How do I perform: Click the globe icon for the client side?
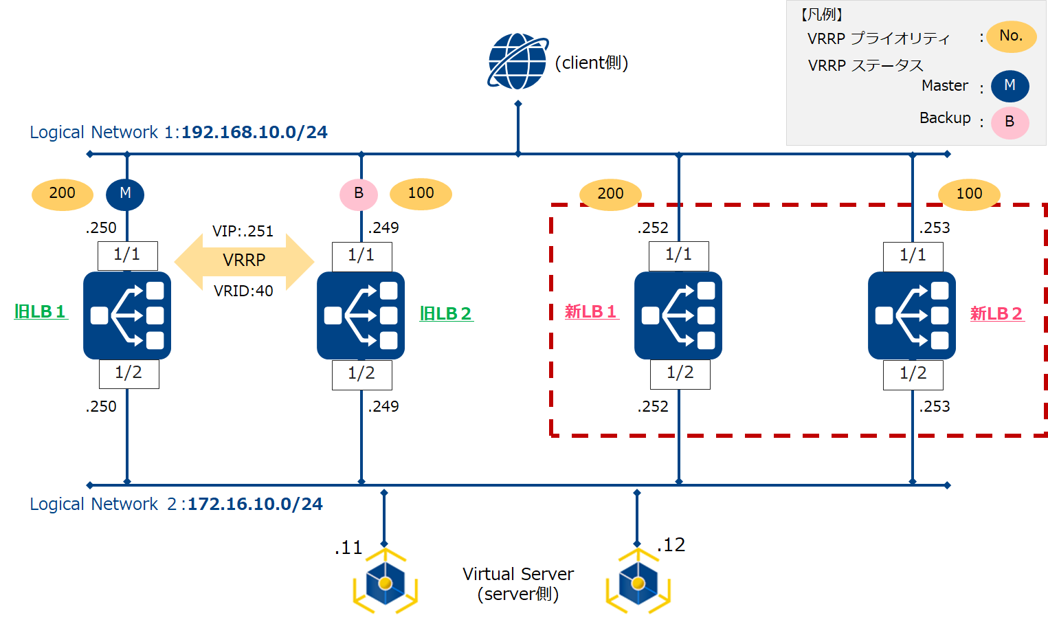pos(517,61)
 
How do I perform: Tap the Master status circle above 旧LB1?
pos(125,194)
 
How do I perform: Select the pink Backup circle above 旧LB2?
pos(359,194)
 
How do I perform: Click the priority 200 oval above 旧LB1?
pos(63,194)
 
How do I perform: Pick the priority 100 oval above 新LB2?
pos(969,194)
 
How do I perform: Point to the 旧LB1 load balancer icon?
pos(127,315)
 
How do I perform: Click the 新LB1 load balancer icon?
pos(678,315)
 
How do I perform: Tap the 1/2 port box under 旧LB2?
pos(362,374)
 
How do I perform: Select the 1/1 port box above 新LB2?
pos(913,256)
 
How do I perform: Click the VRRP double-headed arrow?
pos(244,260)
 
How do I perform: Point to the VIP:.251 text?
pos(243,232)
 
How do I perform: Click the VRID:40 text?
pos(243,291)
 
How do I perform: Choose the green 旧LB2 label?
pos(446,314)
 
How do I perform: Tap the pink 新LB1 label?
pos(591,312)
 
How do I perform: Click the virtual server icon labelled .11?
pos(386,582)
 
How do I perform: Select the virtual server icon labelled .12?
pos(638,582)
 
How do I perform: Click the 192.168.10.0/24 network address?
pos(254,133)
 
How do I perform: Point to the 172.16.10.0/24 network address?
pos(255,504)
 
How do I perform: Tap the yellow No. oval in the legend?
pos(1011,36)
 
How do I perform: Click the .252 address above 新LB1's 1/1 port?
pos(653,228)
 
